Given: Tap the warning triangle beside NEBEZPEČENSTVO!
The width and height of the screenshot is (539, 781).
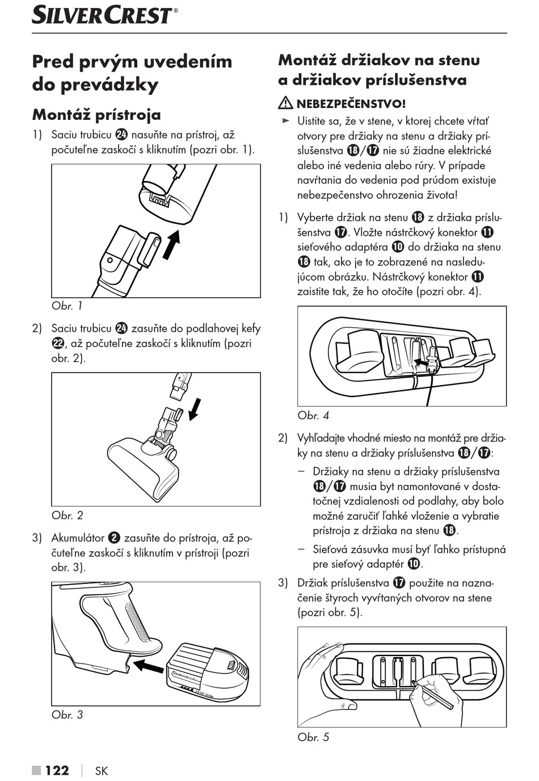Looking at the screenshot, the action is tap(285, 103).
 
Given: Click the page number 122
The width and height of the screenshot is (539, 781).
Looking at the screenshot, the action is tap(57, 770).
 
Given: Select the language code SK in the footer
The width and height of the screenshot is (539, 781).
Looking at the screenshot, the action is tap(102, 771).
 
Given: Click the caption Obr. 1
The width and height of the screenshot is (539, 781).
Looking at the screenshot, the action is tap(67, 306).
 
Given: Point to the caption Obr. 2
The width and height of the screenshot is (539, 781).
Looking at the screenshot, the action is tap(67, 515).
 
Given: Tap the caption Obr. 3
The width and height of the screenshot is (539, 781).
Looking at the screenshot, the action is tap(67, 715).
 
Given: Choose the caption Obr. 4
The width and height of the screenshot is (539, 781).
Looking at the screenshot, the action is tap(313, 415).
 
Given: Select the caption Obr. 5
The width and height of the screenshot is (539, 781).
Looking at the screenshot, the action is tap(313, 737).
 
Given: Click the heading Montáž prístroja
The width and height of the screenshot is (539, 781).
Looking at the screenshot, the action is tap(96, 114).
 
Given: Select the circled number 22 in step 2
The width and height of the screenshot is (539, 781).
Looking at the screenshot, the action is tap(58, 344).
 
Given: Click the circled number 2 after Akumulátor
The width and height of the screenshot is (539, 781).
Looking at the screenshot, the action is tap(114, 538).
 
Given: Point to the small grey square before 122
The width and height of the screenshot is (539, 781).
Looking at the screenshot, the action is tap(37, 771).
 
